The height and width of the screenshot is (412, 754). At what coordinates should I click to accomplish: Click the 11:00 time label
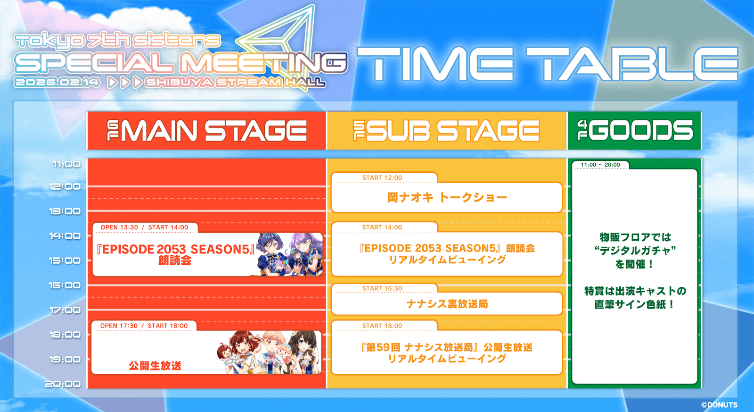coord(66,164)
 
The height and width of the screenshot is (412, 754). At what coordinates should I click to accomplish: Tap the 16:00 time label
coord(65,285)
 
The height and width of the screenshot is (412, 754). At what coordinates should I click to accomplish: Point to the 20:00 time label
coord(63,384)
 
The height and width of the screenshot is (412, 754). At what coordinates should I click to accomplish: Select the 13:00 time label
coord(65,211)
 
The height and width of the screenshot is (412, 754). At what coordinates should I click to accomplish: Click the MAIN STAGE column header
coord(207,131)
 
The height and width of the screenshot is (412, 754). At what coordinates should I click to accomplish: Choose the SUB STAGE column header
coord(446,131)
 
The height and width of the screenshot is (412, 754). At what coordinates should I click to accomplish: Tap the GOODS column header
coord(635,130)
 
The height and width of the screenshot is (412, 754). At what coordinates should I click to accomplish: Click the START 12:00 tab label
coord(382,177)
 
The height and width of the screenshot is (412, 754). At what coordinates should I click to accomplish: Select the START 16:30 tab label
coord(382,288)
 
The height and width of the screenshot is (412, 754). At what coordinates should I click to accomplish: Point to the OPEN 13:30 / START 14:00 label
coord(144,227)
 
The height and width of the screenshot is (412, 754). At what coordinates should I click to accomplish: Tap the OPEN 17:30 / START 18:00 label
coord(144,326)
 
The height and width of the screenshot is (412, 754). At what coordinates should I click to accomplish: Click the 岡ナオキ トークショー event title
coord(447,198)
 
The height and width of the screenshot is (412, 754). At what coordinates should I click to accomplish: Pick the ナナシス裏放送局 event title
coord(447,304)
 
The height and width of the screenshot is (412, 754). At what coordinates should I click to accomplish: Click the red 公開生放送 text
coord(155,365)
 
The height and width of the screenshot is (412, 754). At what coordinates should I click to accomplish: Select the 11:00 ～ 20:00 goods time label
coord(600,165)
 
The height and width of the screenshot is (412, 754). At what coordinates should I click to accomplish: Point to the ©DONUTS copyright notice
coord(719,405)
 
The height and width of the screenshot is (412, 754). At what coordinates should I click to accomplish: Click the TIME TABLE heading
coord(548,64)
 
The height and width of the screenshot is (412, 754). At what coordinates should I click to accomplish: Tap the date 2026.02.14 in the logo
coord(57,83)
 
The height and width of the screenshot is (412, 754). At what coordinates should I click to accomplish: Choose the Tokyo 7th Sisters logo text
coord(117,41)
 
